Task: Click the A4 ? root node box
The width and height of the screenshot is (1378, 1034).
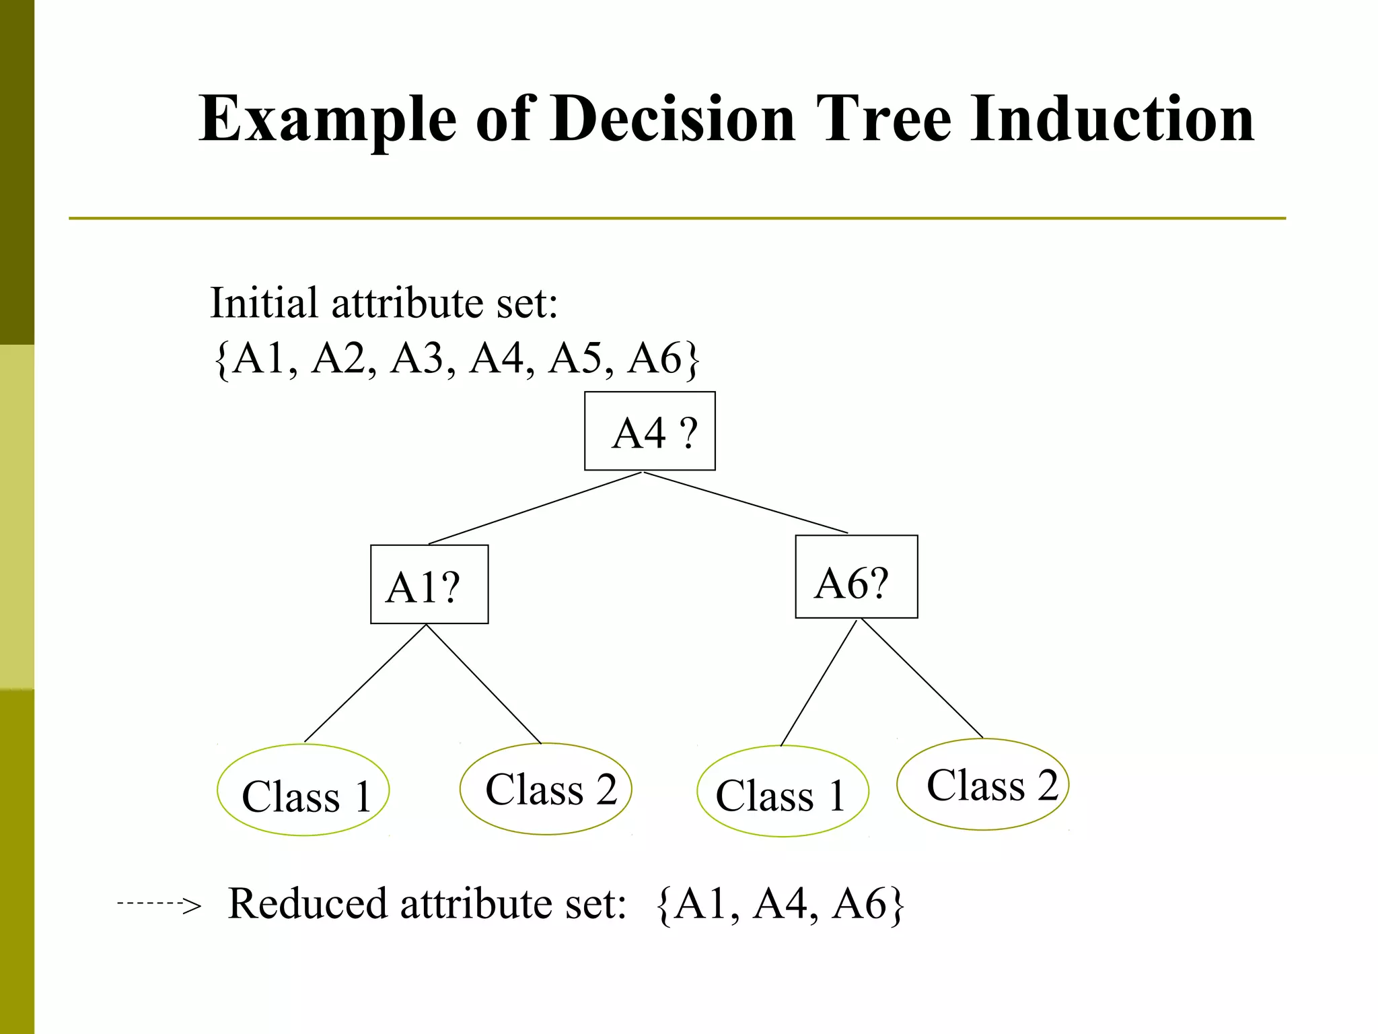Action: click(650, 431)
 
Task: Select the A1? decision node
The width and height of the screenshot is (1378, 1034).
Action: click(429, 584)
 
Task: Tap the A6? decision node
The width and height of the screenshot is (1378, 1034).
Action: click(856, 577)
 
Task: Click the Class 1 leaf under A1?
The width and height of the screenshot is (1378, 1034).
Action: click(303, 790)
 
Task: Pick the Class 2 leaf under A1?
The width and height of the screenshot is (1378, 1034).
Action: click(546, 789)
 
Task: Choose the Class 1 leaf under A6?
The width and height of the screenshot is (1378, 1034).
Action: click(783, 792)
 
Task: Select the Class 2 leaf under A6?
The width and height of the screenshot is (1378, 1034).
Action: click(982, 785)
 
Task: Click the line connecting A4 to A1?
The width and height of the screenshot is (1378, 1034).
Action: click(535, 508)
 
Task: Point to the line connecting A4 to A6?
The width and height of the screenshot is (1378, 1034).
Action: click(746, 503)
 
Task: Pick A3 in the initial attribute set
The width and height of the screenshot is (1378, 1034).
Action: click(418, 358)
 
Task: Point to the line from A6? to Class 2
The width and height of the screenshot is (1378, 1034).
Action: click(922, 679)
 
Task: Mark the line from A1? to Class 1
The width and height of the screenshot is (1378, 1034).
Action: click(365, 684)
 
